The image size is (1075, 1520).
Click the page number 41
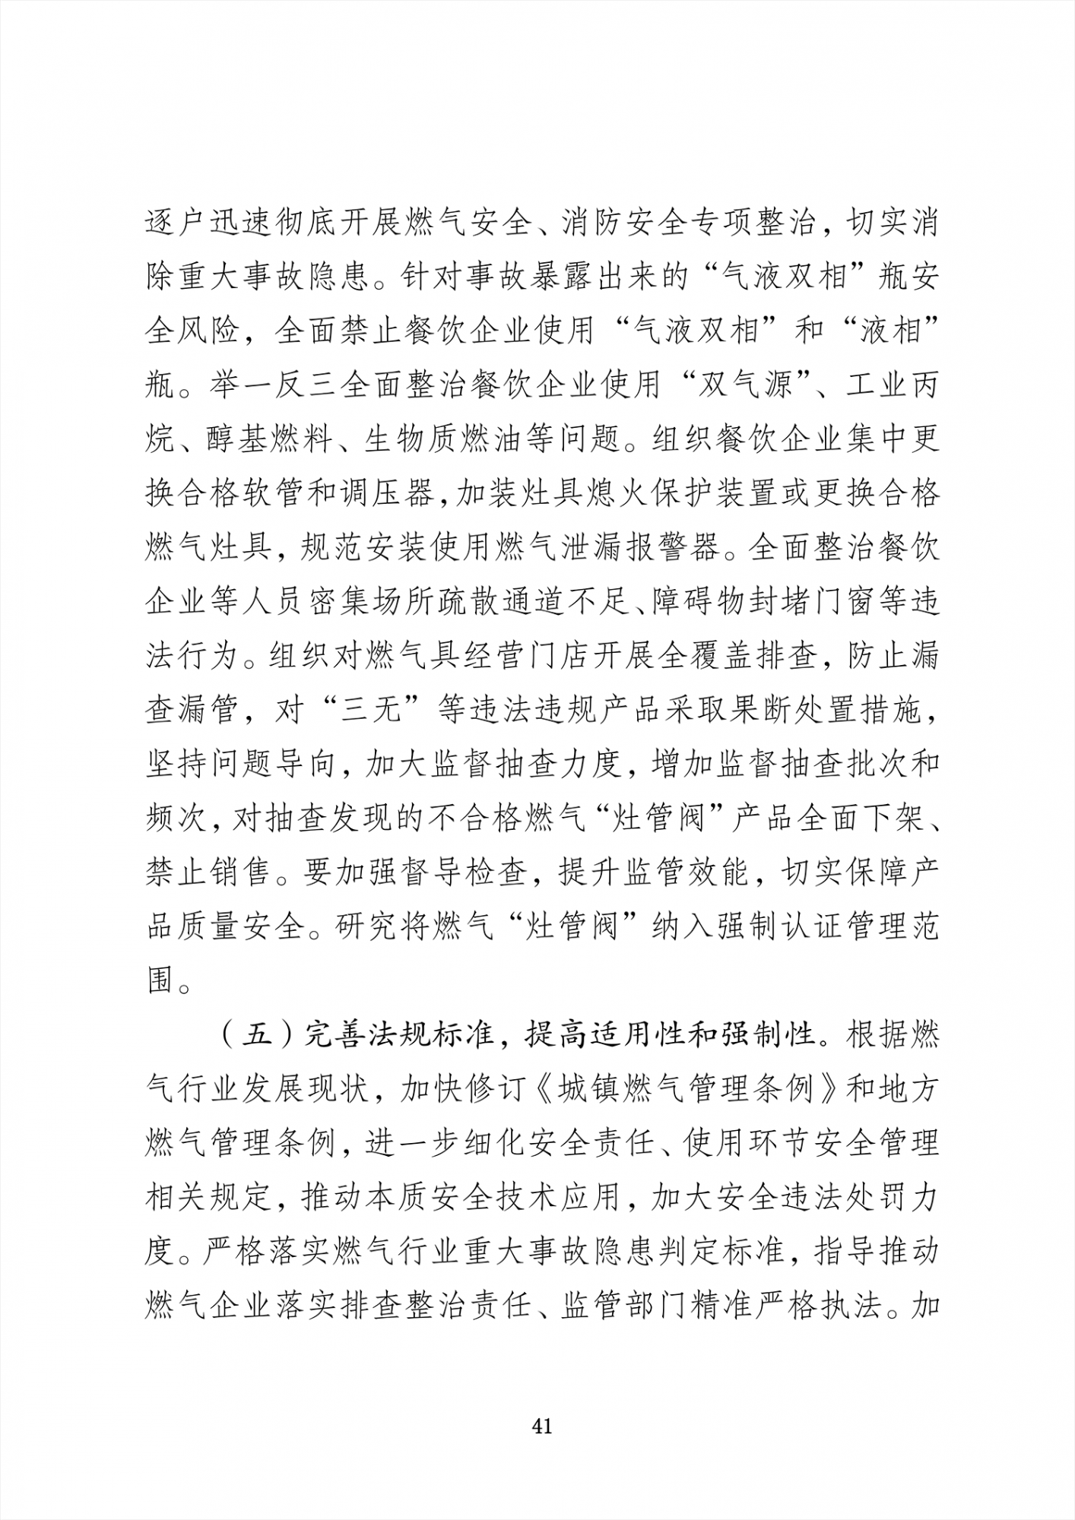tap(542, 1427)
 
